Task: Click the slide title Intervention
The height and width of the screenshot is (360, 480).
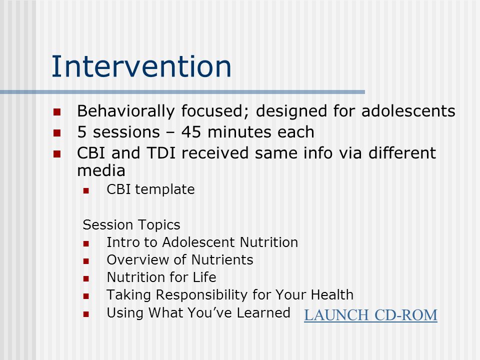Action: point(141,66)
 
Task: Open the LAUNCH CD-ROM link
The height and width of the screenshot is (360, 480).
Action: point(370,315)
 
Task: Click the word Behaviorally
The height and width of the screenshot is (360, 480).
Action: point(126,111)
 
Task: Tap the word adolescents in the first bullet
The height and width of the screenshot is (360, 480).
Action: point(408,111)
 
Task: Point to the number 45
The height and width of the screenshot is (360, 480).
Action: point(191,132)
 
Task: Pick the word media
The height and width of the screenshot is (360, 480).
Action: point(101,170)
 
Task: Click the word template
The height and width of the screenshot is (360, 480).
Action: point(164,190)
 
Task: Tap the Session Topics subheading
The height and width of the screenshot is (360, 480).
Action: point(131,225)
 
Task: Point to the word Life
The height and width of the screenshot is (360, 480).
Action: point(204,277)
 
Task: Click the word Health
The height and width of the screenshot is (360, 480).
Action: point(332,295)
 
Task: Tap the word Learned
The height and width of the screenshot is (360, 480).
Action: point(263,313)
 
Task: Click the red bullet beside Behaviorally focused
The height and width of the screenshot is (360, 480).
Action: point(57,111)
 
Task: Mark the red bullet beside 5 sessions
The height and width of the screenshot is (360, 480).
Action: point(57,133)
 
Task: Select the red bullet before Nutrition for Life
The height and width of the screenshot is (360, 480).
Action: point(86,278)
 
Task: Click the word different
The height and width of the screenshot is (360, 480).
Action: point(402,153)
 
